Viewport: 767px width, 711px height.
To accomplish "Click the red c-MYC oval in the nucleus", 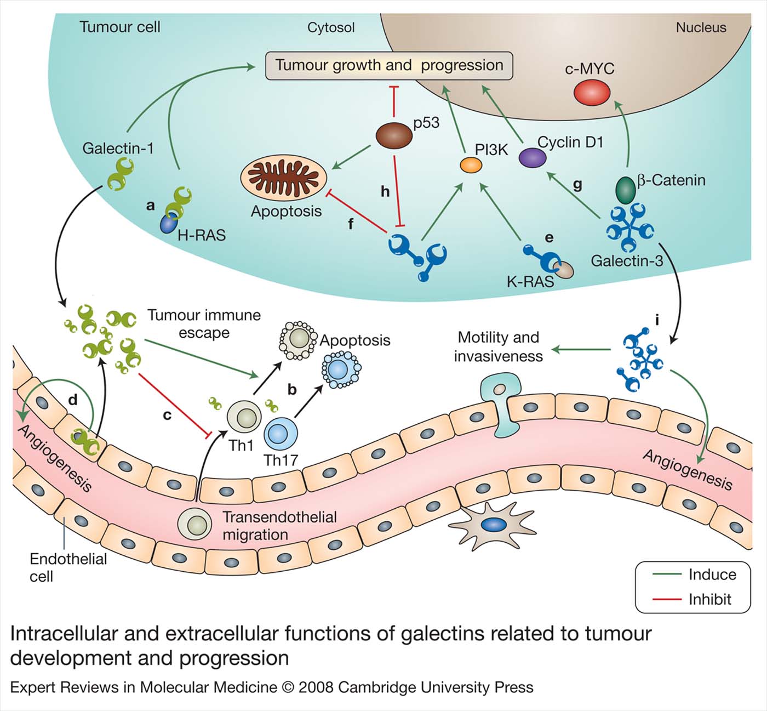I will pos(592,92).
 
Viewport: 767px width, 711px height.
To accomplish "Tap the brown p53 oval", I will pos(394,135).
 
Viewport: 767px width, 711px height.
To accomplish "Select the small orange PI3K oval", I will pos(471,164).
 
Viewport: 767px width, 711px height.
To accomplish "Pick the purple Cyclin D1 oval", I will pos(533,158).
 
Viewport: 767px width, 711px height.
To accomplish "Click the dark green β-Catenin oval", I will pos(625,190).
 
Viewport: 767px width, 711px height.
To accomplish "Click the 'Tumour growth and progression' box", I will pos(389,66).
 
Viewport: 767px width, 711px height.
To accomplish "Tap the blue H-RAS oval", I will pos(169,224).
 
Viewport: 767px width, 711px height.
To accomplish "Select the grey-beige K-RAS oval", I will pos(563,269).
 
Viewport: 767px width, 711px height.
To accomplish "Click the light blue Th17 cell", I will pos(281,434).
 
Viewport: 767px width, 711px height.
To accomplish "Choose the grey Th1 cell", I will pos(243,417).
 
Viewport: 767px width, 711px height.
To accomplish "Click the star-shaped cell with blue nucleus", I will pos(491,525).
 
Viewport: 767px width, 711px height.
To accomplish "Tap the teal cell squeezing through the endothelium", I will pos(500,404).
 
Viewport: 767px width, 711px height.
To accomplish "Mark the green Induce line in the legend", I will pos(666,575).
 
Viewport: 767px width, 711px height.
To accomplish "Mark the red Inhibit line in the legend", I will pos(666,599).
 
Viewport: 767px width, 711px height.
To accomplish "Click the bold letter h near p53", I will pos(385,191).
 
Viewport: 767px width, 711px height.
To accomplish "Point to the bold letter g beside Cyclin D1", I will pos(577,184).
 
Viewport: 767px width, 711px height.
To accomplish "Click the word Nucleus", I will pos(701,27).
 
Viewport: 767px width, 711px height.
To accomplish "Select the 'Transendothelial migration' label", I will pos(279,525).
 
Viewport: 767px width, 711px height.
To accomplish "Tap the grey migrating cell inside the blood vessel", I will pos(194,524).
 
